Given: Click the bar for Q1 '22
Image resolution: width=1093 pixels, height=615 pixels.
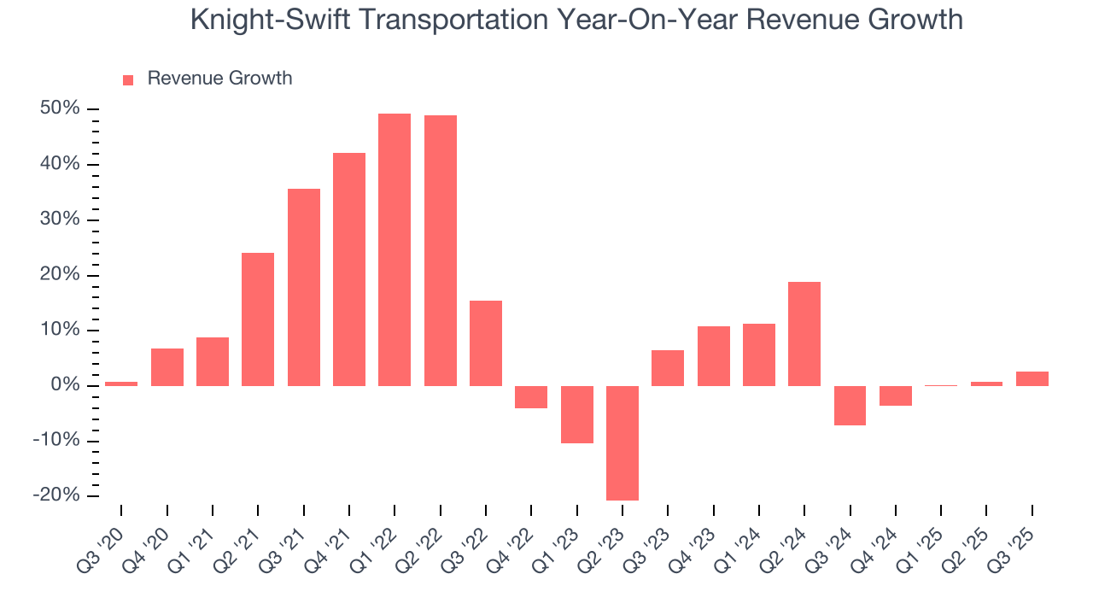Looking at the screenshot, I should pyautogui.click(x=395, y=249).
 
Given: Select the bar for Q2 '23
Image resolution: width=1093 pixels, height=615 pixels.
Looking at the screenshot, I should pyautogui.click(x=622, y=442).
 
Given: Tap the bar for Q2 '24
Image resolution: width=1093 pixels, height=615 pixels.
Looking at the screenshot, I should pyautogui.click(x=804, y=334).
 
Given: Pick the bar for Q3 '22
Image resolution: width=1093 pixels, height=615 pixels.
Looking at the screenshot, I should pyautogui.click(x=486, y=343).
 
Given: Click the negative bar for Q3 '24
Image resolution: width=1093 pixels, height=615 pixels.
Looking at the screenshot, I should pyautogui.click(x=850, y=405).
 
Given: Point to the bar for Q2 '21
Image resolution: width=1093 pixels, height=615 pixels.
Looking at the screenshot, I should pyautogui.click(x=258, y=319).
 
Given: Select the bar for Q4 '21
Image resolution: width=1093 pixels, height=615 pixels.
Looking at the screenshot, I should pyautogui.click(x=349, y=269).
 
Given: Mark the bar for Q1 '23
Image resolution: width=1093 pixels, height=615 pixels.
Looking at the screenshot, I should pyautogui.click(x=576, y=414).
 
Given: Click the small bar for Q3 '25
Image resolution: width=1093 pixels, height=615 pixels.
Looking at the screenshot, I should pyautogui.click(x=1032, y=378).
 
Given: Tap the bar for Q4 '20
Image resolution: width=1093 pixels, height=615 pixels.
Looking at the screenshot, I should pyautogui.click(x=167, y=367).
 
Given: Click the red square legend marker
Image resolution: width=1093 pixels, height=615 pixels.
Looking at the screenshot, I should pyautogui.click(x=128, y=80).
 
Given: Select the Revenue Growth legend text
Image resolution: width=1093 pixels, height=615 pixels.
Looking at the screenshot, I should pyautogui.click(x=219, y=79).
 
